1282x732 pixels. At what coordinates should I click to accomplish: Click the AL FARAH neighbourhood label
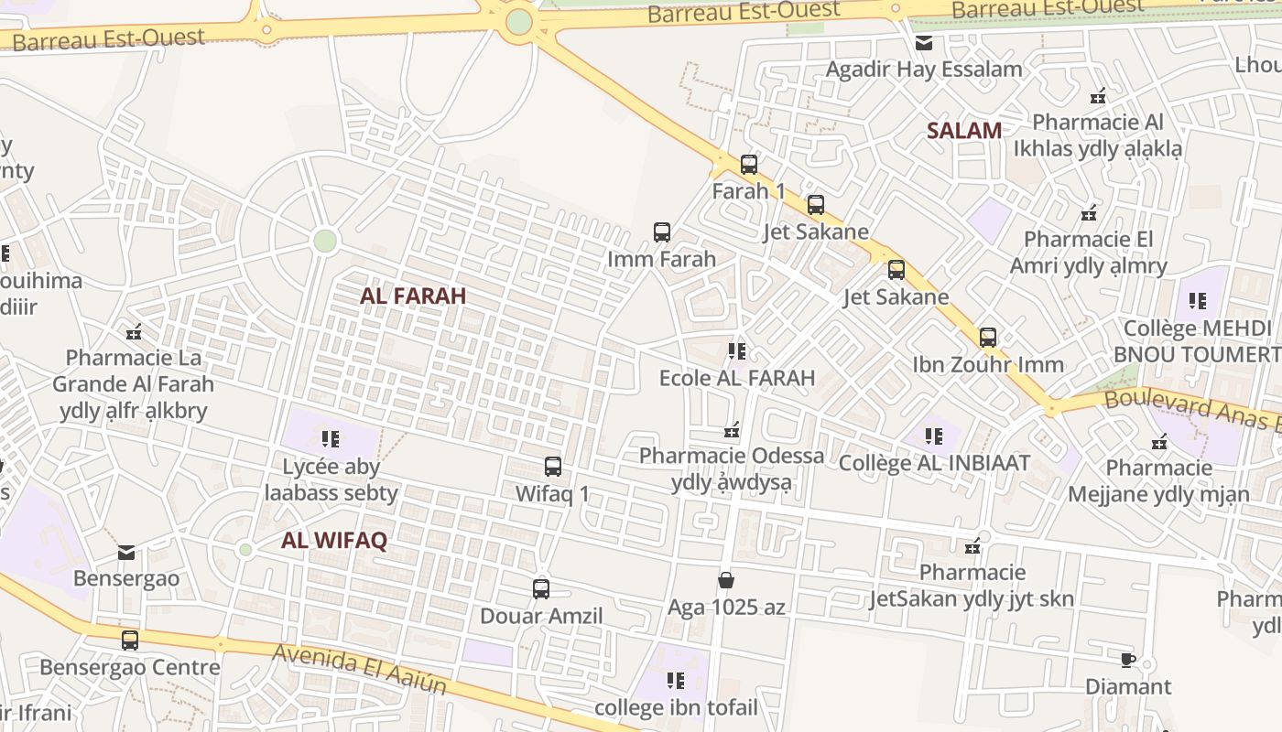[413, 296]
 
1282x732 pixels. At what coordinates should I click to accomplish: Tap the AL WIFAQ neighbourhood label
[334, 540]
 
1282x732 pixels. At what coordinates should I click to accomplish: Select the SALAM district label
[963, 130]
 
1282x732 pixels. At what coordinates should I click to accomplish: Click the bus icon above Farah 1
[748, 165]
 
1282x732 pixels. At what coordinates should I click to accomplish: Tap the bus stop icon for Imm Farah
[661, 232]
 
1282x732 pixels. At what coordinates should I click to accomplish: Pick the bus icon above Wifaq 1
[552, 467]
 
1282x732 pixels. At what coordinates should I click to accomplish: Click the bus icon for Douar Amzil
[541, 589]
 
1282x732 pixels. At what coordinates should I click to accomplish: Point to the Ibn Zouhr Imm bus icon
[987, 338]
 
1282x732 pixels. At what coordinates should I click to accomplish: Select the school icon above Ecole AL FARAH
[736, 351]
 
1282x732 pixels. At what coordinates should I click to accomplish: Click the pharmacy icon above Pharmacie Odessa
[731, 429]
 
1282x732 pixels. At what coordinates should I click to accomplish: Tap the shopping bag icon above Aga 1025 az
[725, 580]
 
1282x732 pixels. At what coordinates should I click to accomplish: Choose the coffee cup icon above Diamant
[1127, 660]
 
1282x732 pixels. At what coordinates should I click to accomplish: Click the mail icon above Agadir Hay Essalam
[923, 42]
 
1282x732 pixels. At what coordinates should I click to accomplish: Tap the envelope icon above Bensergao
[126, 552]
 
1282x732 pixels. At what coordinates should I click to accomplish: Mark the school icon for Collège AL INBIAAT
[933, 436]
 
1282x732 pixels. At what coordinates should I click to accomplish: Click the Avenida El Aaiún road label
[359, 669]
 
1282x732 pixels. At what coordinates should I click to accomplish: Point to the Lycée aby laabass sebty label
[331, 480]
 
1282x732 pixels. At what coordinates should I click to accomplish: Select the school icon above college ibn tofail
[676, 681]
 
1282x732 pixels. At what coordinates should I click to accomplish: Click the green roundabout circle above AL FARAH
[324, 241]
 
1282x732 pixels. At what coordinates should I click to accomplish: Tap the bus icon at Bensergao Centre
[129, 640]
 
